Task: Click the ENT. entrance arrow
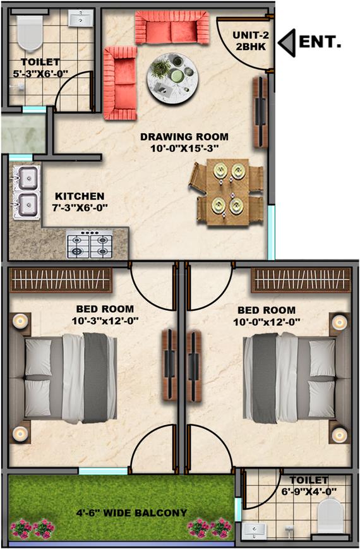(287, 43)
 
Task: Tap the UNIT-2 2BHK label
(249, 40)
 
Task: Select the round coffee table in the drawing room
(172, 78)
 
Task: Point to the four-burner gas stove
(90, 244)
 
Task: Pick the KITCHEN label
(80, 196)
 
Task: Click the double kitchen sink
(27, 192)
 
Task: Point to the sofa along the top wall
(172, 27)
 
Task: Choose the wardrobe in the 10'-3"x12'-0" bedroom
(61, 280)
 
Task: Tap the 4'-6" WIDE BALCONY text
(131, 513)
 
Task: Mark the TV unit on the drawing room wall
(260, 112)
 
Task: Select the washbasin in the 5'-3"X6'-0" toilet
(81, 18)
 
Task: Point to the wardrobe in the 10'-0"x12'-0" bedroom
(301, 280)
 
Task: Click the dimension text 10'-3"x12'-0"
(105, 321)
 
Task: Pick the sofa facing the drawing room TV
(120, 83)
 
